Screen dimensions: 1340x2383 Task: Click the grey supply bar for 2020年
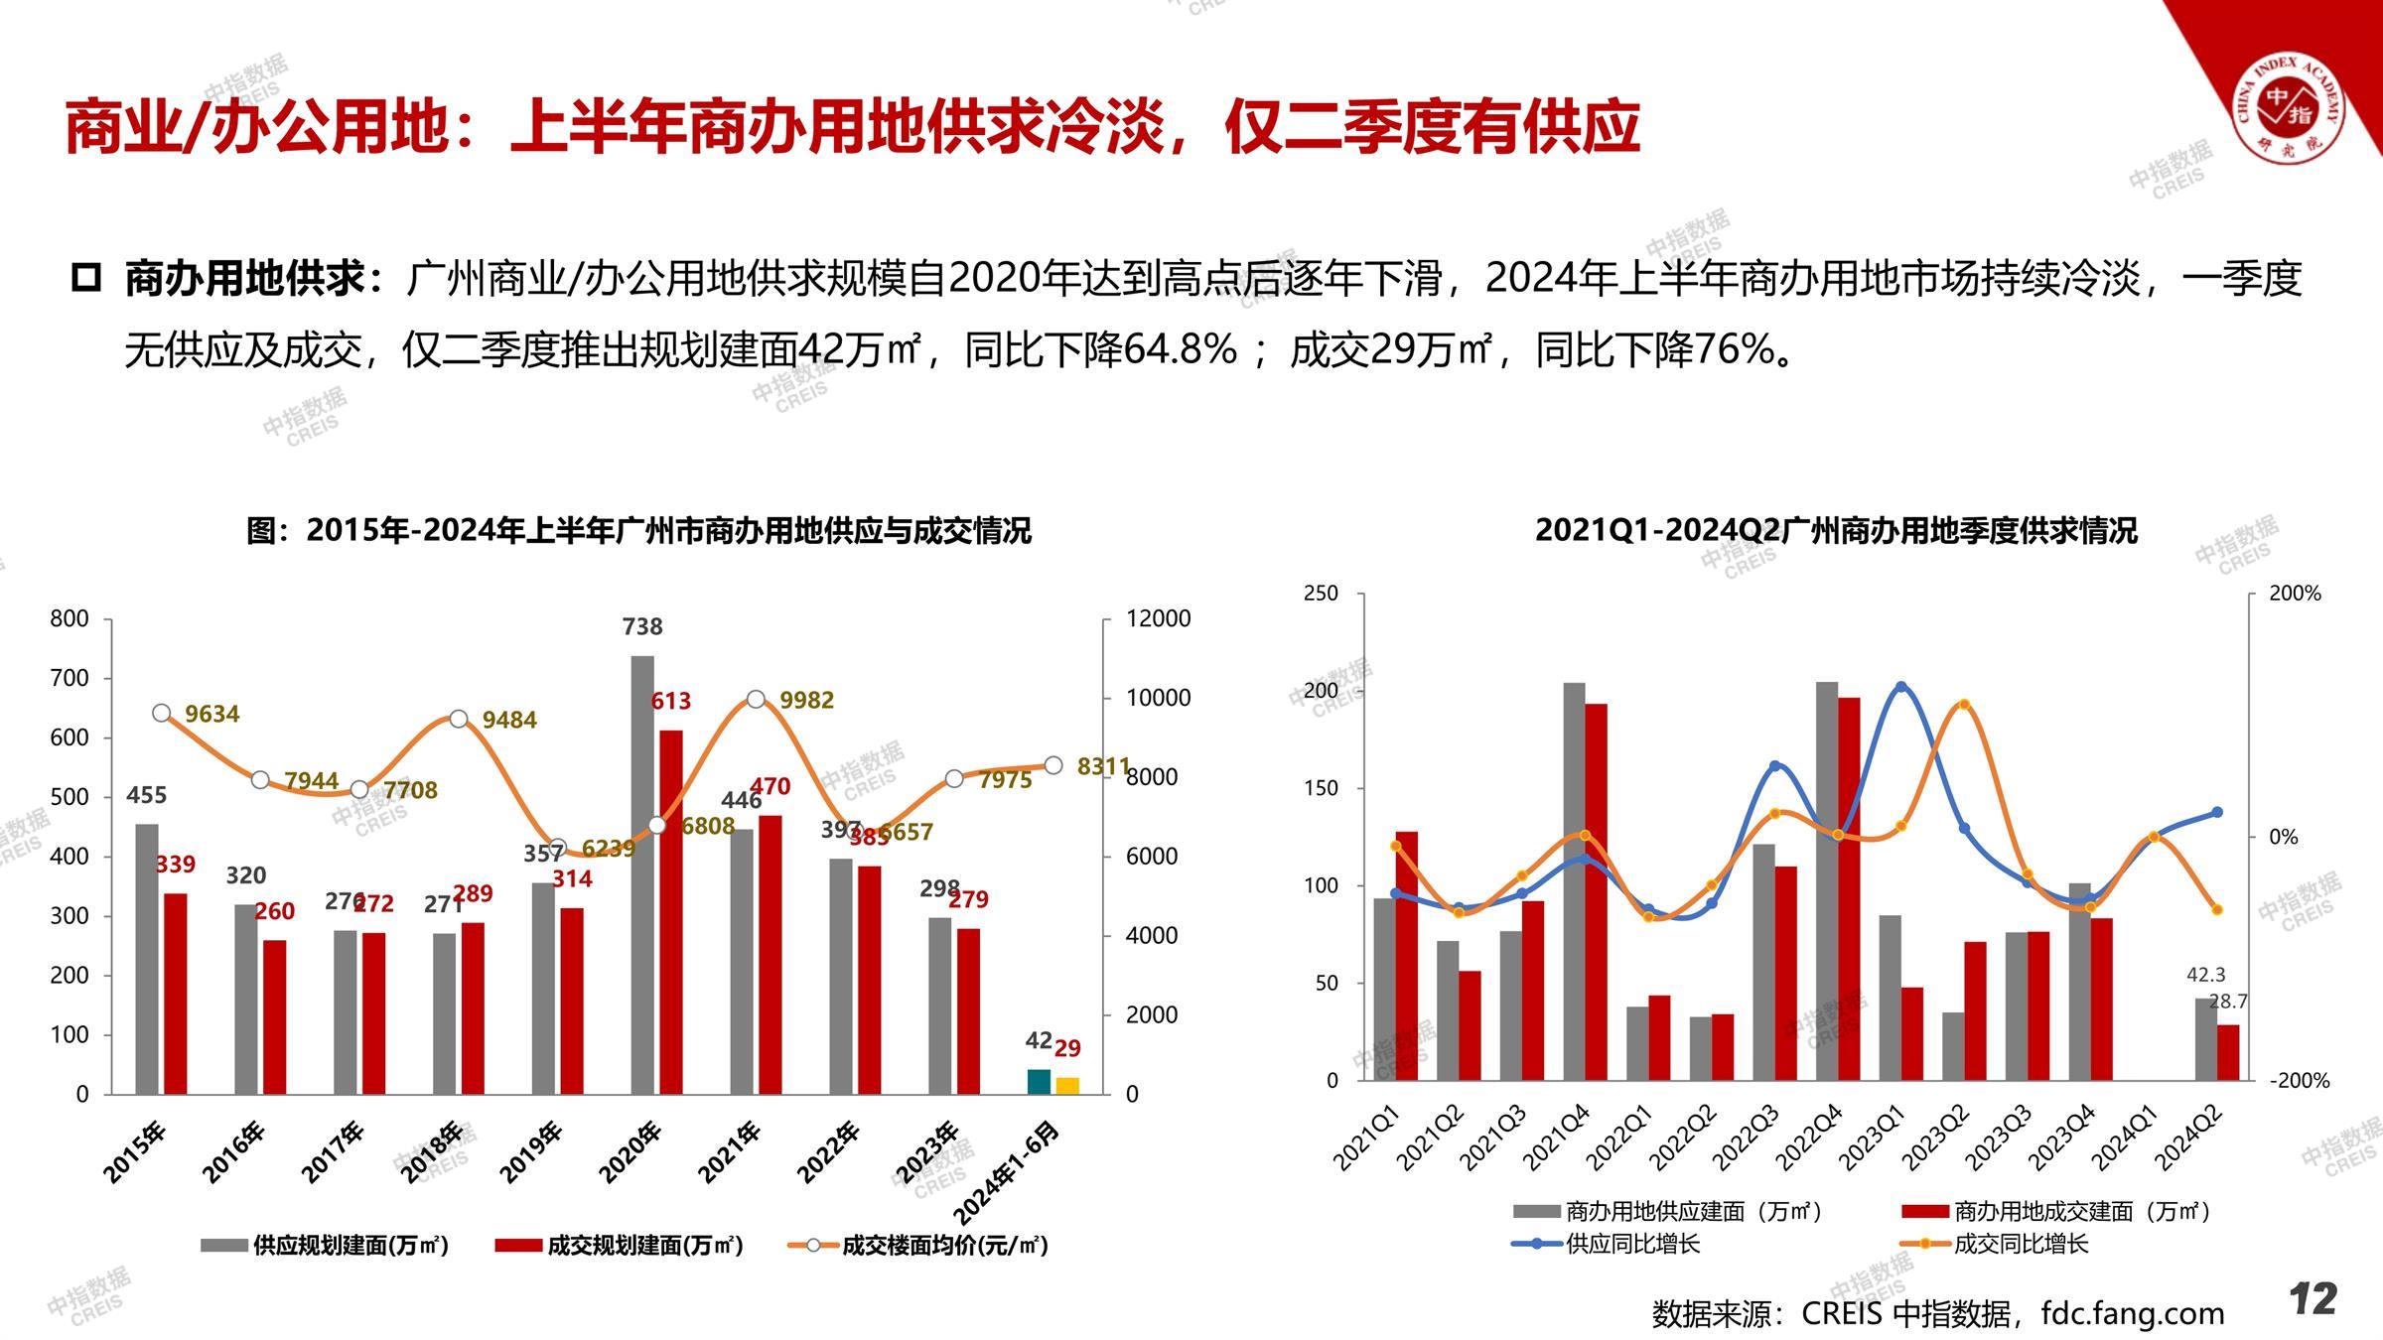642,873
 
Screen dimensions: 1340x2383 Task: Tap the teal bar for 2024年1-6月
1039,1082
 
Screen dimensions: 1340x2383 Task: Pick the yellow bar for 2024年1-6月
1067,1086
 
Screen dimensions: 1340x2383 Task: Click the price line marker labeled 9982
756,700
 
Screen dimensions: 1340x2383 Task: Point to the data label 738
642,627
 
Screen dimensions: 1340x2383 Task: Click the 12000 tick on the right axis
1158,618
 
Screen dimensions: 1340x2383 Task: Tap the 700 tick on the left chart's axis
70,679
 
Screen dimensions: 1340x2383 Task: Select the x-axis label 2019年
531,1151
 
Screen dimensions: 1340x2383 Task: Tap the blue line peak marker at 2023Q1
1901,687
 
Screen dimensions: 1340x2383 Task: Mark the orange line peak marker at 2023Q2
1964,705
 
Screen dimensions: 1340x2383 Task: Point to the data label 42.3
2206,976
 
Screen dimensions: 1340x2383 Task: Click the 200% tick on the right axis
2295,594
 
